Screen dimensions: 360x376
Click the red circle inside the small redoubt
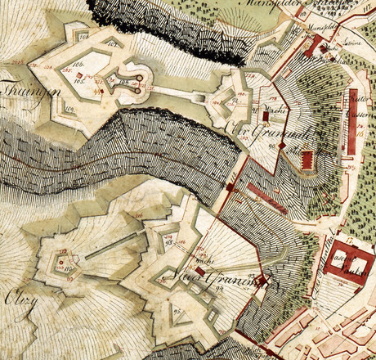pos(61,263)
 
